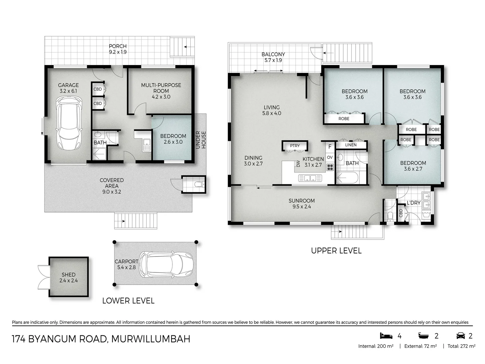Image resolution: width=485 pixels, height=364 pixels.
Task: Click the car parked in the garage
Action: (69, 123)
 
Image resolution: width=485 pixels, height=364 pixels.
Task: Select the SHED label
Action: (69, 277)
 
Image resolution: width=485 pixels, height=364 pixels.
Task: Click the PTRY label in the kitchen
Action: (295, 146)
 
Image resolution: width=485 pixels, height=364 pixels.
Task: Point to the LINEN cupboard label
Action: (351, 145)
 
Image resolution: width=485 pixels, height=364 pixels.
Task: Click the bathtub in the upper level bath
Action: (349, 178)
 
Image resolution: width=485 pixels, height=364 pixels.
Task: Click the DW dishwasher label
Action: (298, 163)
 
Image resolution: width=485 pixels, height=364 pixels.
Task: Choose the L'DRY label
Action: (414, 203)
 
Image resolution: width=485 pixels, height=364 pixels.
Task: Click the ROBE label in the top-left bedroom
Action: (344, 119)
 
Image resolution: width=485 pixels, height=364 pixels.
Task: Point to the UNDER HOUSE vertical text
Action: (201, 140)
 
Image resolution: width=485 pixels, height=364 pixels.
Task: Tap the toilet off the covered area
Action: (199, 184)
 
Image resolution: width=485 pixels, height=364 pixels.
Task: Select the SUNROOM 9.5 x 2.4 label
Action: (301, 204)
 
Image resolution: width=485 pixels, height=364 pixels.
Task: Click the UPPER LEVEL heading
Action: (336, 251)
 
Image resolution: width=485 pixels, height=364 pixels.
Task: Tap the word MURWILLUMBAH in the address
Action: (151, 339)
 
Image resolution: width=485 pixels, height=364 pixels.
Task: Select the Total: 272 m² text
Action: (461, 346)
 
